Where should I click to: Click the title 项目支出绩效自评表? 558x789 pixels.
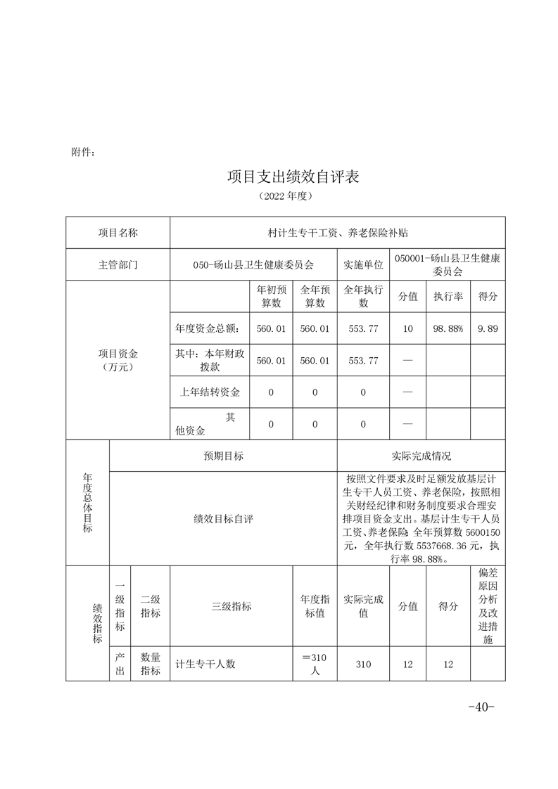coord(293,177)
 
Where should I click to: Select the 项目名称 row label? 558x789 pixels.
coord(118,233)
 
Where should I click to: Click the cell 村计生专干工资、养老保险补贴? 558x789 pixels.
coord(338,233)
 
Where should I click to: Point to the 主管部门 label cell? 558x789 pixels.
coord(118,265)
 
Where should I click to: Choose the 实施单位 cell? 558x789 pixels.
coord(363,265)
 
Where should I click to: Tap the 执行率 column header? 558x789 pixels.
coord(448,297)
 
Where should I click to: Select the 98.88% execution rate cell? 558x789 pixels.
coord(448,328)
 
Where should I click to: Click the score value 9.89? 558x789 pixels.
coord(488,328)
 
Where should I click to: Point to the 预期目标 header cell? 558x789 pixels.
coord(224,456)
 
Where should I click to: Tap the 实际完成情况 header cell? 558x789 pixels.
coord(421,456)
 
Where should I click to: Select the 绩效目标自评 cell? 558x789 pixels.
coord(224,518)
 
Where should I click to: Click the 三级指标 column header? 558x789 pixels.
coord(232,606)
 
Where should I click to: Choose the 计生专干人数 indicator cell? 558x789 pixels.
coord(205,664)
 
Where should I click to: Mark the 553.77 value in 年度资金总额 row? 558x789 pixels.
coord(363,328)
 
